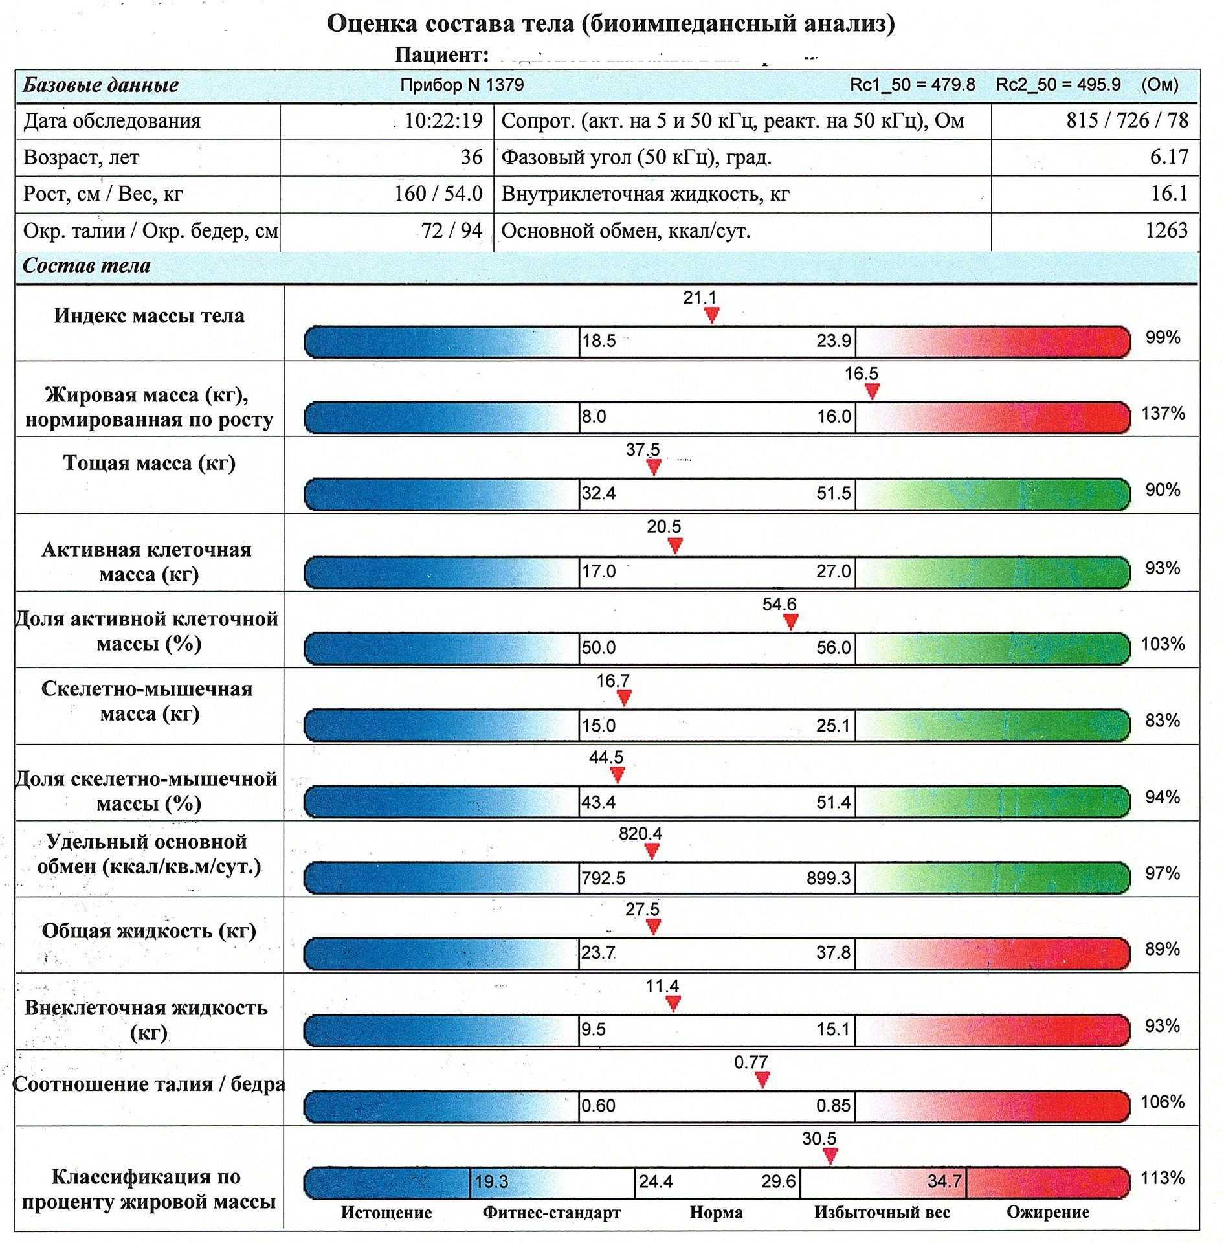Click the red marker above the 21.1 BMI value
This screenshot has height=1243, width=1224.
[711, 315]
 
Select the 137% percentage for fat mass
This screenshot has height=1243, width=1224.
[1163, 413]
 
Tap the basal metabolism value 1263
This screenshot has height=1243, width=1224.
[1166, 230]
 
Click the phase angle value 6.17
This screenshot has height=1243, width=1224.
[1169, 157]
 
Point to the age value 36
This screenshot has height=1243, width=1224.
[471, 157]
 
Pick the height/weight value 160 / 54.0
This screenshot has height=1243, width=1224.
[438, 194]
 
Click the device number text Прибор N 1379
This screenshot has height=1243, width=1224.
[462, 85]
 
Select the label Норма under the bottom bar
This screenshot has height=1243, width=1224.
[716, 1212]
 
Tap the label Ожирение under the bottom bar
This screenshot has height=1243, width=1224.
[1047, 1212]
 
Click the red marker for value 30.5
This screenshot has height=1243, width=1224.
[830, 1156]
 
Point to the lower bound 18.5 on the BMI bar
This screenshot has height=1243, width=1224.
[599, 341]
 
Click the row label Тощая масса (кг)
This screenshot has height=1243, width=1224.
[150, 464]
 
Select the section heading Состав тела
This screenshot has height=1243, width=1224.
[87, 265]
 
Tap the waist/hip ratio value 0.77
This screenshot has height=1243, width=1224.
[751, 1062]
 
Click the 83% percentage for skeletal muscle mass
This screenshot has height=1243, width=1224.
[1162, 721]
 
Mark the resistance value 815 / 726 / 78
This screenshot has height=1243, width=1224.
[1127, 120]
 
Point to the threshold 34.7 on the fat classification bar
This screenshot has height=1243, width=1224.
[944, 1181]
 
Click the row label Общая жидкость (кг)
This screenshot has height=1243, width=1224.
[149, 931]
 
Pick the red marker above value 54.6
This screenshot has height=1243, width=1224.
[790, 621]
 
